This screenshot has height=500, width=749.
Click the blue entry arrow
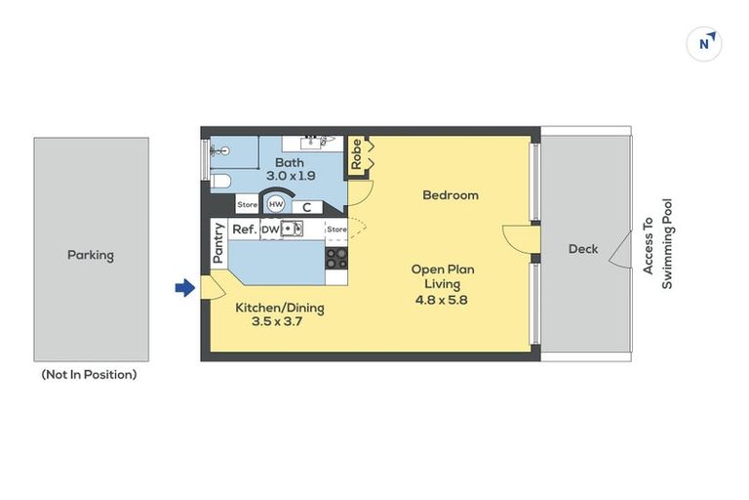[x=185, y=288]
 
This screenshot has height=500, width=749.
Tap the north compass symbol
[x=704, y=44]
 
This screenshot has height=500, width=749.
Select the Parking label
[x=91, y=255]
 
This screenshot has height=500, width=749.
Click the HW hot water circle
[x=276, y=205]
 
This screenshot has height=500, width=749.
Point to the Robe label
[x=356, y=154]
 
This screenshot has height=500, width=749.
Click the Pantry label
[x=218, y=243]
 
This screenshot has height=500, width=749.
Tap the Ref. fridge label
[x=245, y=229]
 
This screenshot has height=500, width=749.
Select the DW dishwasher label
[x=270, y=229]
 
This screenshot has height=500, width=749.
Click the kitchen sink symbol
[x=292, y=229]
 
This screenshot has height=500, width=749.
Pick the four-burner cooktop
[x=336, y=259]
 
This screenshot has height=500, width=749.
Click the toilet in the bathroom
[x=220, y=182]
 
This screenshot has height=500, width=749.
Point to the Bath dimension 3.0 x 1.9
[x=291, y=176]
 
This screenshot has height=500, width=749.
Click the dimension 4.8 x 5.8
[x=441, y=301]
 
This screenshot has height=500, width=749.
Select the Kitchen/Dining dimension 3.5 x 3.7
[x=277, y=321]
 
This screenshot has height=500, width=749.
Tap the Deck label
[x=583, y=249]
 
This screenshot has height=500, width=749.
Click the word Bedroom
[x=451, y=195]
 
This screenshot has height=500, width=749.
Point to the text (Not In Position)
[x=90, y=374]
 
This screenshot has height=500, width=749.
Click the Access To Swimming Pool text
[x=657, y=244]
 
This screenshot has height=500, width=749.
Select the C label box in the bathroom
[x=306, y=207]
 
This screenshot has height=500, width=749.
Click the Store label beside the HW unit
[x=248, y=205]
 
